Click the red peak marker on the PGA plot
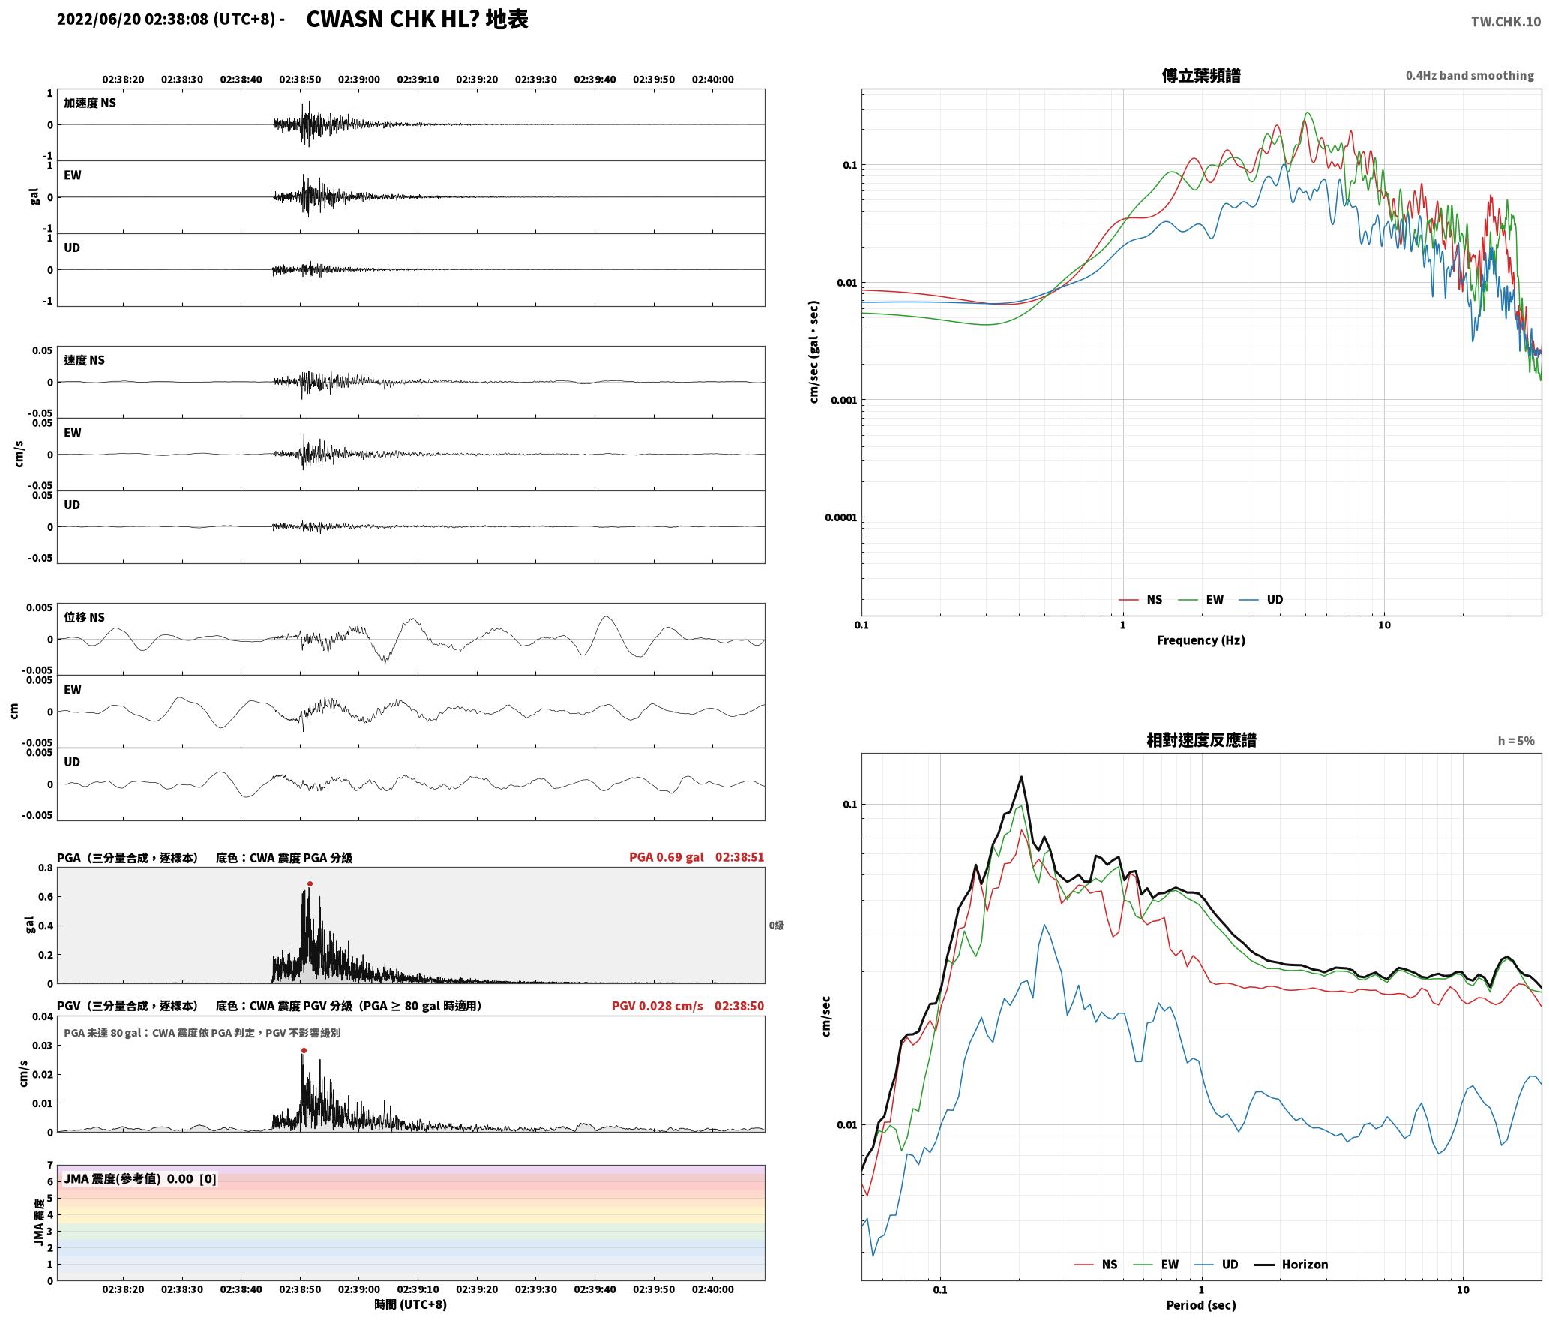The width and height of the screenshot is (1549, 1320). pyautogui.click(x=310, y=883)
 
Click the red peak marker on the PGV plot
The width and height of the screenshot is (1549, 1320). pyautogui.click(x=304, y=1050)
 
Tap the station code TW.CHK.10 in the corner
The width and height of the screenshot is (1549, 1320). pyautogui.click(x=1506, y=22)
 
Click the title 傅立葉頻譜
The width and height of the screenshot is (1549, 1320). pyautogui.click(x=1200, y=75)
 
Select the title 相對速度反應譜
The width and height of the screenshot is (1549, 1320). pyautogui.click(x=1201, y=739)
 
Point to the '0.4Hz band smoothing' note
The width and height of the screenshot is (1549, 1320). pyautogui.click(x=1470, y=75)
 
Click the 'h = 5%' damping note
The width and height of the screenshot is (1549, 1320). pyautogui.click(x=1516, y=740)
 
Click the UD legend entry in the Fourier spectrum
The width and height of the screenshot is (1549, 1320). pyautogui.click(x=1261, y=599)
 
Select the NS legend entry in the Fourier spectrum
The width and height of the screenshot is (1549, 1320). pyautogui.click(x=1140, y=599)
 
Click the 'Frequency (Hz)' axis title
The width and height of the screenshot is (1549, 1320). pyautogui.click(x=1200, y=640)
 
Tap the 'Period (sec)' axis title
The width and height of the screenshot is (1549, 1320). pyautogui.click(x=1200, y=1304)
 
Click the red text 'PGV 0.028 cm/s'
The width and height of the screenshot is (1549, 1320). pyautogui.click(x=657, y=1006)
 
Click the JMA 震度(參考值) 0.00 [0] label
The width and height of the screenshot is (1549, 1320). pyautogui.click(x=140, y=1178)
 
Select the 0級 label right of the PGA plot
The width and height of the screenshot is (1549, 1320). pyautogui.click(x=776, y=925)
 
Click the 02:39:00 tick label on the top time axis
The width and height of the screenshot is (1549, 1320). pyautogui.click(x=359, y=79)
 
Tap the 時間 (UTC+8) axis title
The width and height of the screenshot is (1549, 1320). pyautogui.click(x=411, y=1304)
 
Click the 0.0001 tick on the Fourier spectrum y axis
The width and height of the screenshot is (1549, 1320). pyautogui.click(x=840, y=517)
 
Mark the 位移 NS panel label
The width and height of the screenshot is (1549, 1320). pyautogui.click(x=84, y=617)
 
